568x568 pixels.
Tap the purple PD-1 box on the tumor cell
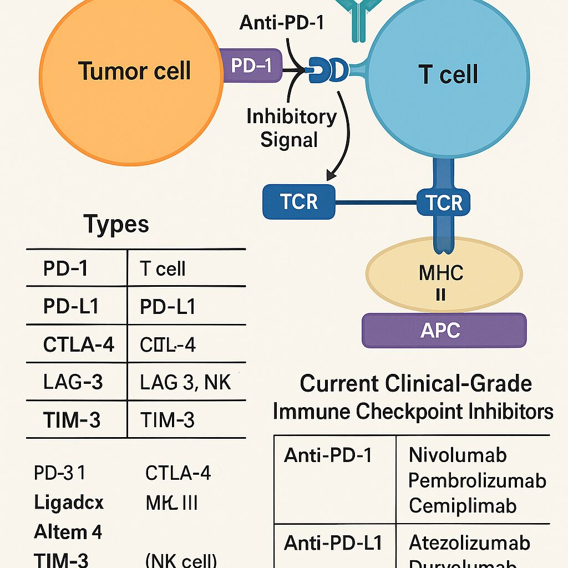click(x=251, y=65)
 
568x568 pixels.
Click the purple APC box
click(x=444, y=330)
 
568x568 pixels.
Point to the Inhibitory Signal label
click(x=291, y=128)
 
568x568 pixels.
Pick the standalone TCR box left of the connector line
click(x=299, y=202)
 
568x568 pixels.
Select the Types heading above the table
click(x=116, y=225)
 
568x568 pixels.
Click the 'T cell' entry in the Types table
click(x=163, y=269)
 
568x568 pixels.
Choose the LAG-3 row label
click(x=73, y=382)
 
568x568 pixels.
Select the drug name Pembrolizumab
click(x=477, y=480)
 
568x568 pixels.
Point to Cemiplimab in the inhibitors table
click(x=463, y=505)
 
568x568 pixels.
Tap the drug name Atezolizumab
click(x=469, y=542)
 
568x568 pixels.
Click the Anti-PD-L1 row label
click(x=333, y=543)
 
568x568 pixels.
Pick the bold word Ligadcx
click(x=69, y=503)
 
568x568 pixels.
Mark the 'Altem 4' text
click(x=68, y=532)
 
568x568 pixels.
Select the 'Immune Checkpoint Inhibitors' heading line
click(x=413, y=411)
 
